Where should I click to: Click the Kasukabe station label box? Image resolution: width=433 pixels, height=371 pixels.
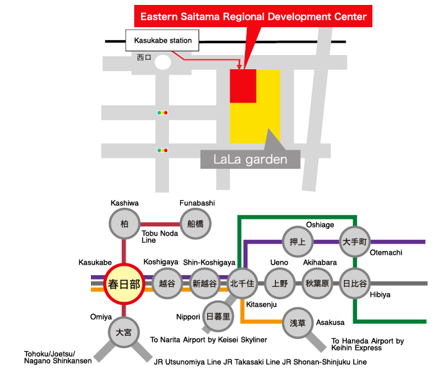pyautogui.click(x=162, y=40)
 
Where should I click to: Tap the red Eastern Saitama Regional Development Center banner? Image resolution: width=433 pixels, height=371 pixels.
pyautogui.click(x=253, y=16)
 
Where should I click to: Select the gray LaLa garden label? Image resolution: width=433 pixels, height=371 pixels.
pyautogui.click(x=250, y=160)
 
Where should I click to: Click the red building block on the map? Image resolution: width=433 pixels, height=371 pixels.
pyautogui.click(x=243, y=86)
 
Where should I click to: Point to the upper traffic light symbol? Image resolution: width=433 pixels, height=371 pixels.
pyautogui.click(x=162, y=113)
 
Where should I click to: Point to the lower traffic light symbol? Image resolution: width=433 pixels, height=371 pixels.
pyautogui.click(x=162, y=150)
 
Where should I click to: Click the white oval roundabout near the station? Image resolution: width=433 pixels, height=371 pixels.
pyautogui.click(x=163, y=62)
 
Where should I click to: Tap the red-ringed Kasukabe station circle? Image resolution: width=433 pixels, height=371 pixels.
pyautogui.click(x=124, y=284)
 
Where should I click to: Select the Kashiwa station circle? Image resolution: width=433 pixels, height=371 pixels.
pyautogui.click(x=124, y=224)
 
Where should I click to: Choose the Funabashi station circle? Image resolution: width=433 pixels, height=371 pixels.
pyautogui.click(x=195, y=224)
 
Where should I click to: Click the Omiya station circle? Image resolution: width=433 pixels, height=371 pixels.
pyautogui.click(x=124, y=332)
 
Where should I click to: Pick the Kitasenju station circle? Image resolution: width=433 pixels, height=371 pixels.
pyautogui.click(x=242, y=283)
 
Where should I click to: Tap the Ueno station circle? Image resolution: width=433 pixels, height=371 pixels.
pyautogui.click(x=280, y=283)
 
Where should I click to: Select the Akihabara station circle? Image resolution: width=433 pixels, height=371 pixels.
pyautogui.click(x=317, y=283)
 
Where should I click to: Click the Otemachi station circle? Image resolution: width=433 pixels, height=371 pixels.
pyautogui.click(x=354, y=242)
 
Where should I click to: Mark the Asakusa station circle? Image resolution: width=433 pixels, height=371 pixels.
pyautogui.click(x=298, y=323)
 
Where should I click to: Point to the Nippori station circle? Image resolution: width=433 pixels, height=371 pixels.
pyautogui.click(x=218, y=317)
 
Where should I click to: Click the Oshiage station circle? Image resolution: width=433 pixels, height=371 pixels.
pyautogui.click(x=298, y=242)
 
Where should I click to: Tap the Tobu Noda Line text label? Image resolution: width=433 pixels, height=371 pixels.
pyautogui.click(x=160, y=237)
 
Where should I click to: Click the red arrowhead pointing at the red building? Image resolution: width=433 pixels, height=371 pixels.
pyautogui.click(x=239, y=67)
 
